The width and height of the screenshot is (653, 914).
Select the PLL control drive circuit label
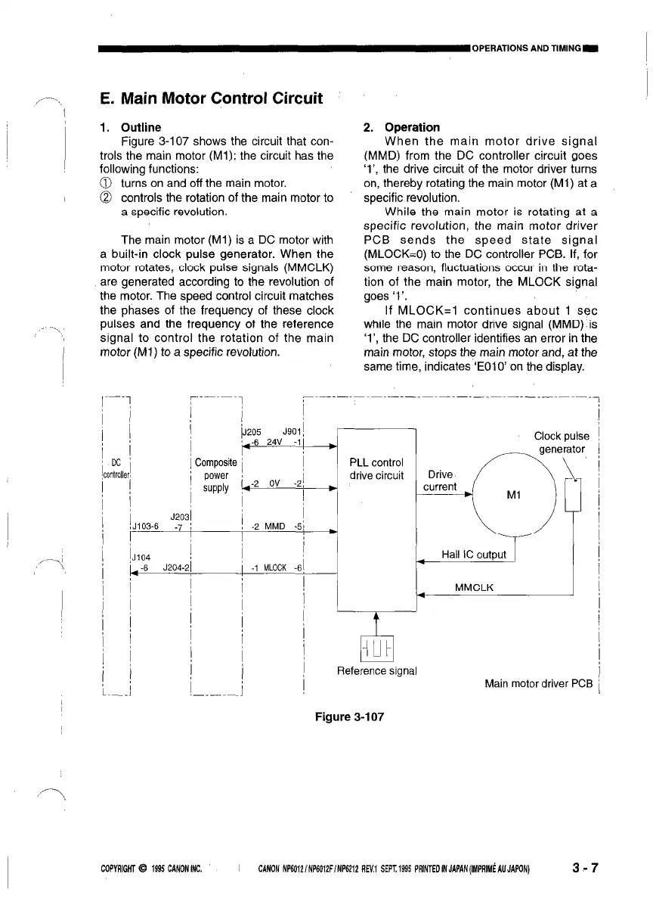pos(376,469)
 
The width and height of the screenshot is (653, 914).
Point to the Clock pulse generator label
pos(561,443)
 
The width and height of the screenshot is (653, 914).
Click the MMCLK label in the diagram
pos(474,586)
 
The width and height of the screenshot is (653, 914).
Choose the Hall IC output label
pos(473,555)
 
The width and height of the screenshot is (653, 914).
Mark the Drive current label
pos(440,480)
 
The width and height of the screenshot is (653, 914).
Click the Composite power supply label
pos(215,475)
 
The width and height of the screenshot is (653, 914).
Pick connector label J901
pos(292,434)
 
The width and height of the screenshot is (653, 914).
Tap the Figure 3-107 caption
pos(349,716)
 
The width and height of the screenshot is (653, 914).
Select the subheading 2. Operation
pos(401,127)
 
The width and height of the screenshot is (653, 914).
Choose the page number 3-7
pos(583,868)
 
